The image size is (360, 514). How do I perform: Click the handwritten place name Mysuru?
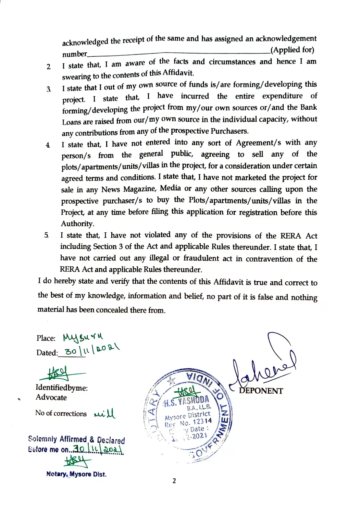coord(82,337)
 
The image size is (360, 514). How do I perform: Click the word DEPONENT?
coord(261,391)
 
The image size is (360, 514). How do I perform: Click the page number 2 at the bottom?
coord(174,481)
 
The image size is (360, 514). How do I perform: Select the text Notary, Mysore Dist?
coord(76,474)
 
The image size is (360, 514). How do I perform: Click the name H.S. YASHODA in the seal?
coord(187,401)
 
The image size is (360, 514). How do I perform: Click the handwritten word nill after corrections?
coord(105,414)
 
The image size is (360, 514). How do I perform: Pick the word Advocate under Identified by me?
coord(51,397)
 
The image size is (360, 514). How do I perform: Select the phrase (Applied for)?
coord(292,50)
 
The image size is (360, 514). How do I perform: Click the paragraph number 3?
coord(48,89)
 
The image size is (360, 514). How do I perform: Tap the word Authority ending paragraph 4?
coord(77,224)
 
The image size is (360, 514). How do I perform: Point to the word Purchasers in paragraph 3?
coord(229,131)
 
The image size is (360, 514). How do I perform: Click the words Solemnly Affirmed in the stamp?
coord(57,439)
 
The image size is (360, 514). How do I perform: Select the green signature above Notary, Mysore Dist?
coord(77,460)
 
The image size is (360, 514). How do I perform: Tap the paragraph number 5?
coord(46,235)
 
